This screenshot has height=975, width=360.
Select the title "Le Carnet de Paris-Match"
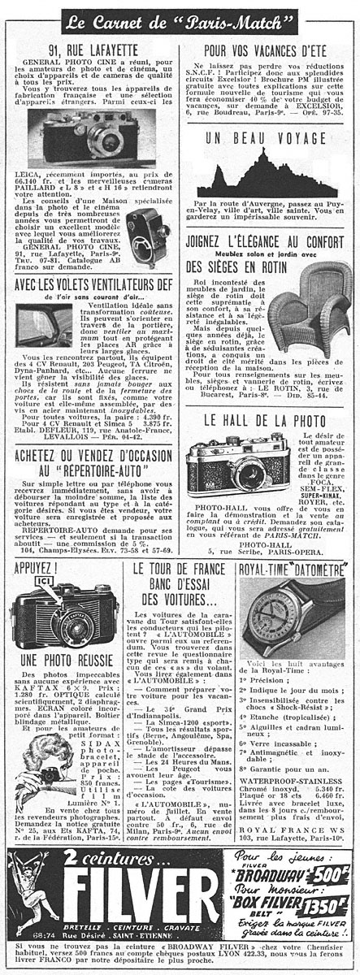(180, 17)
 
